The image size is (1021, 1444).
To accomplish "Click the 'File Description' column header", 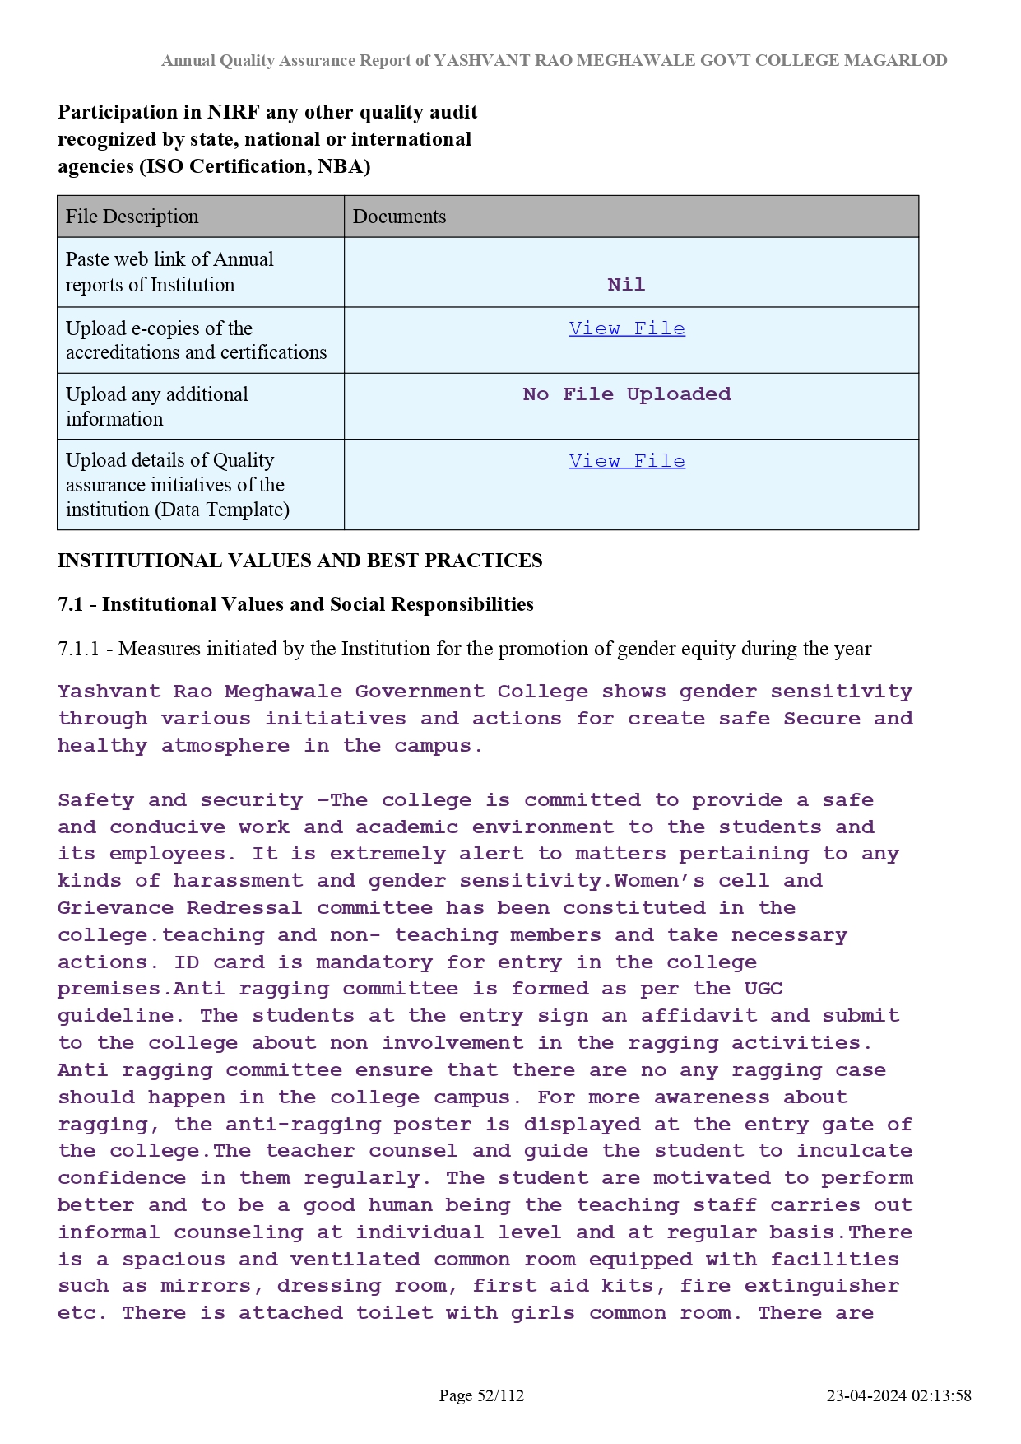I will click(x=132, y=217).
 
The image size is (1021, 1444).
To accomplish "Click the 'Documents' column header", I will click(x=399, y=217).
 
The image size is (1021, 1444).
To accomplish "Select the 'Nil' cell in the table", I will click(x=626, y=285).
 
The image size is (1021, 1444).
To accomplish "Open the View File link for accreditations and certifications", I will click(x=627, y=328).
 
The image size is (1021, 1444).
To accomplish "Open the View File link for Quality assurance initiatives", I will click(x=627, y=461).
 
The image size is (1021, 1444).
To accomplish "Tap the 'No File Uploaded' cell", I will click(x=627, y=394).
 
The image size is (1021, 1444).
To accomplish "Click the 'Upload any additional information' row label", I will click(x=156, y=407).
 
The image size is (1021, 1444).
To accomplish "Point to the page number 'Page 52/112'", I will click(x=481, y=1395).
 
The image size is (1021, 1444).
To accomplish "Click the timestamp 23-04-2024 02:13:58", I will click(x=898, y=1395).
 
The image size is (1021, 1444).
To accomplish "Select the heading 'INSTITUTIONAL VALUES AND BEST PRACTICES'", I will click(x=299, y=561).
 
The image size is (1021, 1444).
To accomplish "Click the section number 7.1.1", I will click(x=78, y=649).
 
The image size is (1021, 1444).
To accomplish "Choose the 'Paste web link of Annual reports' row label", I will click(x=169, y=272).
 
